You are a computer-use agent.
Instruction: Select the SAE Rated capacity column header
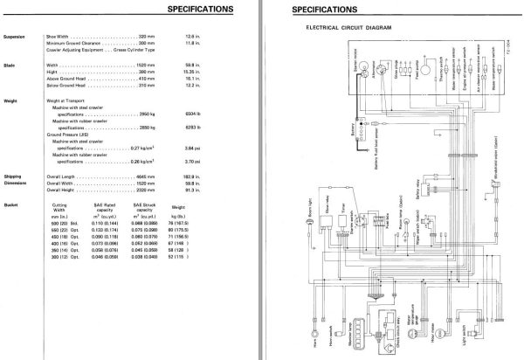104,208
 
